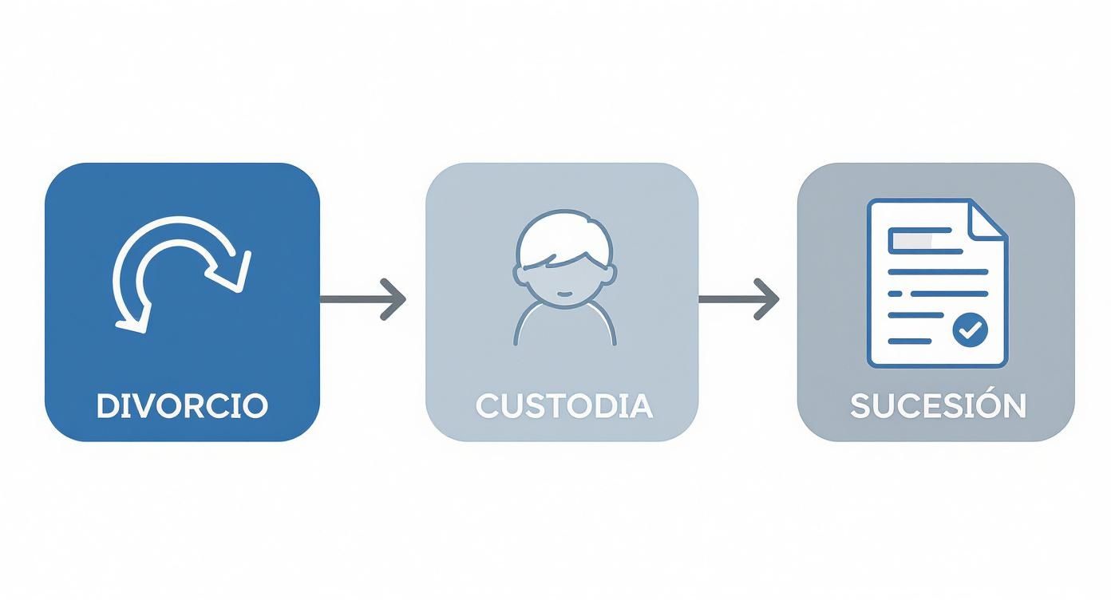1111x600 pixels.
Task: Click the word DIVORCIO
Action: (x=182, y=405)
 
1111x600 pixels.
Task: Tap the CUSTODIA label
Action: (x=563, y=405)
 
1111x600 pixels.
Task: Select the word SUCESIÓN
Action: (x=937, y=405)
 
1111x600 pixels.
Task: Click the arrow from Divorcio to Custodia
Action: (x=363, y=299)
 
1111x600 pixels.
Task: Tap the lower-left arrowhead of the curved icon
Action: (x=132, y=319)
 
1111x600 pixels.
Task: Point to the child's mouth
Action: (x=564, y=293)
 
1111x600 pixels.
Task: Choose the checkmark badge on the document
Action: (x=971, y=329)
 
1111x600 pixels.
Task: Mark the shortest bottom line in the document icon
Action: (x=910, y=341)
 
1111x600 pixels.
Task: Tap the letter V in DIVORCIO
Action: (x=138, y=405)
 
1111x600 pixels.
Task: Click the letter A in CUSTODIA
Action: (x=640, y=405)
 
